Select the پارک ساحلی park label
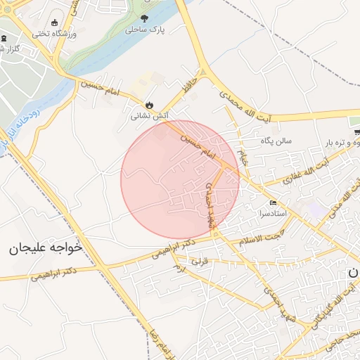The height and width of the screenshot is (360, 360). (143, 31)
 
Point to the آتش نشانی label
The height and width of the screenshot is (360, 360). (149, 117)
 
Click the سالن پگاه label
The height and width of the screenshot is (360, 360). (276, 141)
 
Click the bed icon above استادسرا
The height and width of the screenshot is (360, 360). (274, 202)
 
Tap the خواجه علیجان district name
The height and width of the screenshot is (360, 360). (46, 248)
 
